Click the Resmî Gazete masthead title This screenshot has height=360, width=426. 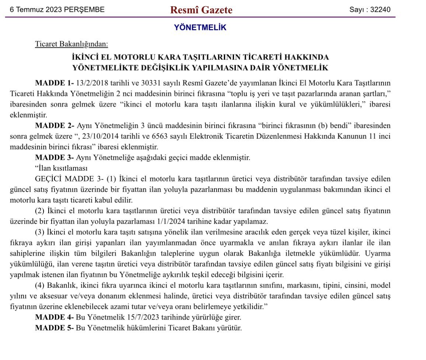click(x=201, y=10)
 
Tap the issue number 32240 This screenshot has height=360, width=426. click(x=381, y=10)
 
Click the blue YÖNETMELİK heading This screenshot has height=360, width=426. click(x=200, y=27)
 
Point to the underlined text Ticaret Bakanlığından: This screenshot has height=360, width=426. click(x=71, y=44)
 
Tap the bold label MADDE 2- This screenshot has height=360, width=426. click(x=54, y=125)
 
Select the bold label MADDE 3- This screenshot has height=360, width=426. click(x=54, y=158)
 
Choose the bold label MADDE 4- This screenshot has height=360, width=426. click(x=54, y=317)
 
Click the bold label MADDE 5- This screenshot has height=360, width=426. click(x=54, y=328)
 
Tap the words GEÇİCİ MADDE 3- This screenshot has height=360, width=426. click(x=69, y=179)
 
